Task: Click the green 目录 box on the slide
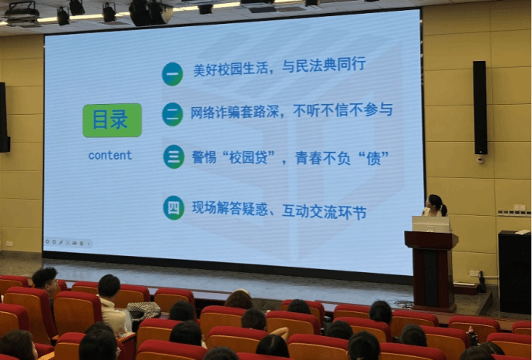[x=113, y=120]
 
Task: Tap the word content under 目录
[x=110, y=156]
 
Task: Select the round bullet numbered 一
[x=173, y=74]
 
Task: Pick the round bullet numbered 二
[x=173, y=114]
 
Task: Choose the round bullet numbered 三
[x=173, y=156]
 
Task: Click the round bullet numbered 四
[x=173, y=207]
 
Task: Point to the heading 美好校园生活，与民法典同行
[x=279, y=66]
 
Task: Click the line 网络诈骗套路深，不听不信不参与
[x=291, y=110]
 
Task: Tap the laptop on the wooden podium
[x=431, y=224]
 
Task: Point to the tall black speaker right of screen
[x=480, y=108]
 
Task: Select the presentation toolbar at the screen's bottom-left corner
[x=68, y=243]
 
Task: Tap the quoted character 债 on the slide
[x=373, y=159]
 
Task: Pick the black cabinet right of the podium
[x=514, y=272]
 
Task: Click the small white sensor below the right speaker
[x=480, y=160]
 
